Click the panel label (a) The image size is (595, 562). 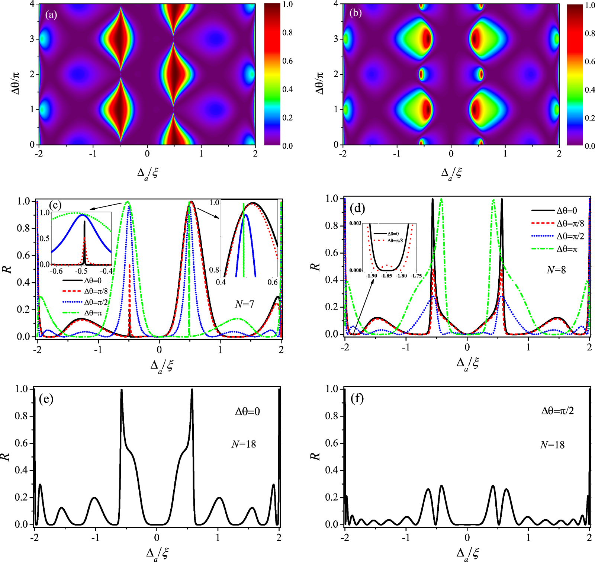click(51, 15)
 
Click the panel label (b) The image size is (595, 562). click(356, 13)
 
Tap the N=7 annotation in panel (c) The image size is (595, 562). click(244, 304)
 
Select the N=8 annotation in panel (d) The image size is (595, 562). click(556, 270)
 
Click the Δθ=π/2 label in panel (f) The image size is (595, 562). click(557, 411)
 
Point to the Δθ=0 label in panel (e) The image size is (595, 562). click(247, 411)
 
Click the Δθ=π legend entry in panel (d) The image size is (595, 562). click(567, 249)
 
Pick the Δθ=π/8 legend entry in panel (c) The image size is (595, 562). click(96, 291)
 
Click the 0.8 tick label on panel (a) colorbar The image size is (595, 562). click(287, 33)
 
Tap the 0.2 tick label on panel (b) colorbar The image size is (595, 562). click(590, 118)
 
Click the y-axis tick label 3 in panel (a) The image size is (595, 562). click(32, 39)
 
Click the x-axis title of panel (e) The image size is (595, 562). click(157, 553)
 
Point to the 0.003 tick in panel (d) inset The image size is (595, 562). click(355, 223)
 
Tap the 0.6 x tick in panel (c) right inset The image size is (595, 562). click(272, 282)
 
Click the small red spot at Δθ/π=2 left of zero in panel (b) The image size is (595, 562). click(421, 74)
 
